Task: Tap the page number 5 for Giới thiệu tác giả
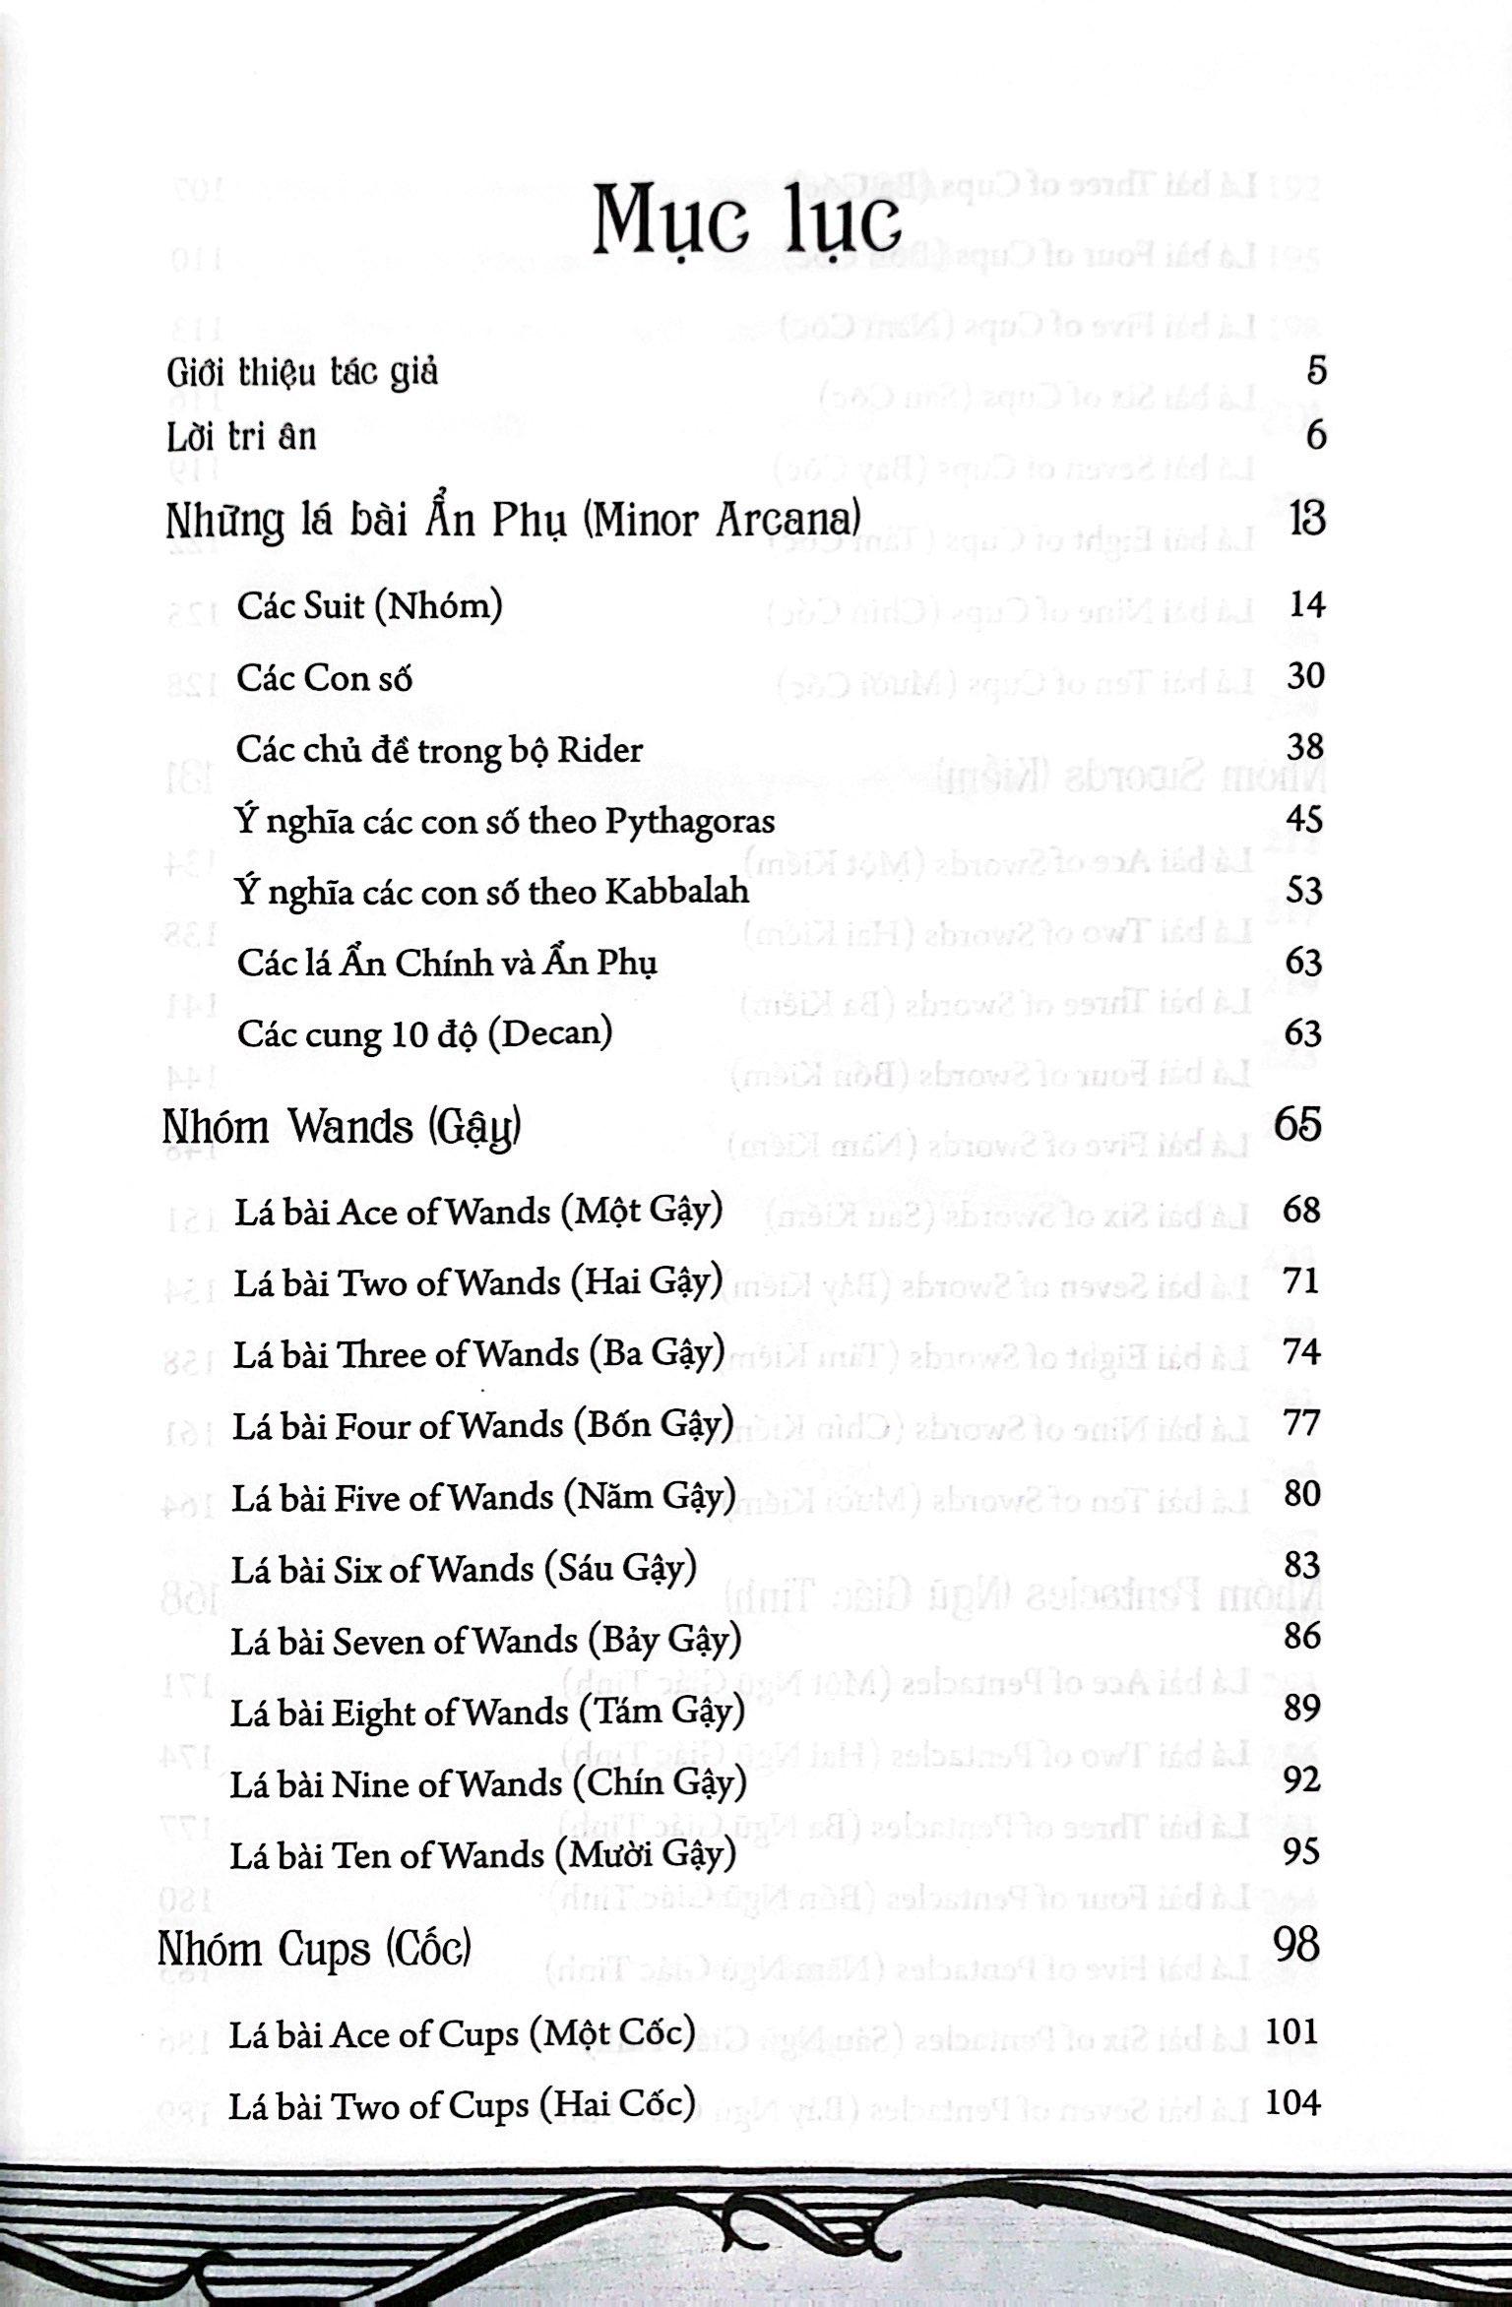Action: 1316,371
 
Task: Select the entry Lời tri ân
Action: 242,436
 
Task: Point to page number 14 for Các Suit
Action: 1306,604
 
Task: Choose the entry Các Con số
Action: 324,678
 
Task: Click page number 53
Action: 1305,891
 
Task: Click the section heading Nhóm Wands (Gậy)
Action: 341,1127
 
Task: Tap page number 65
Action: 1297,1124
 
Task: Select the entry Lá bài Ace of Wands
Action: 478,1211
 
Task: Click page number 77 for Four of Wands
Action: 1301,1423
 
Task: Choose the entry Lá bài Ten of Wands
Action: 482,1855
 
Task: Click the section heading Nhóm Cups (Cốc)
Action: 314,1950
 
